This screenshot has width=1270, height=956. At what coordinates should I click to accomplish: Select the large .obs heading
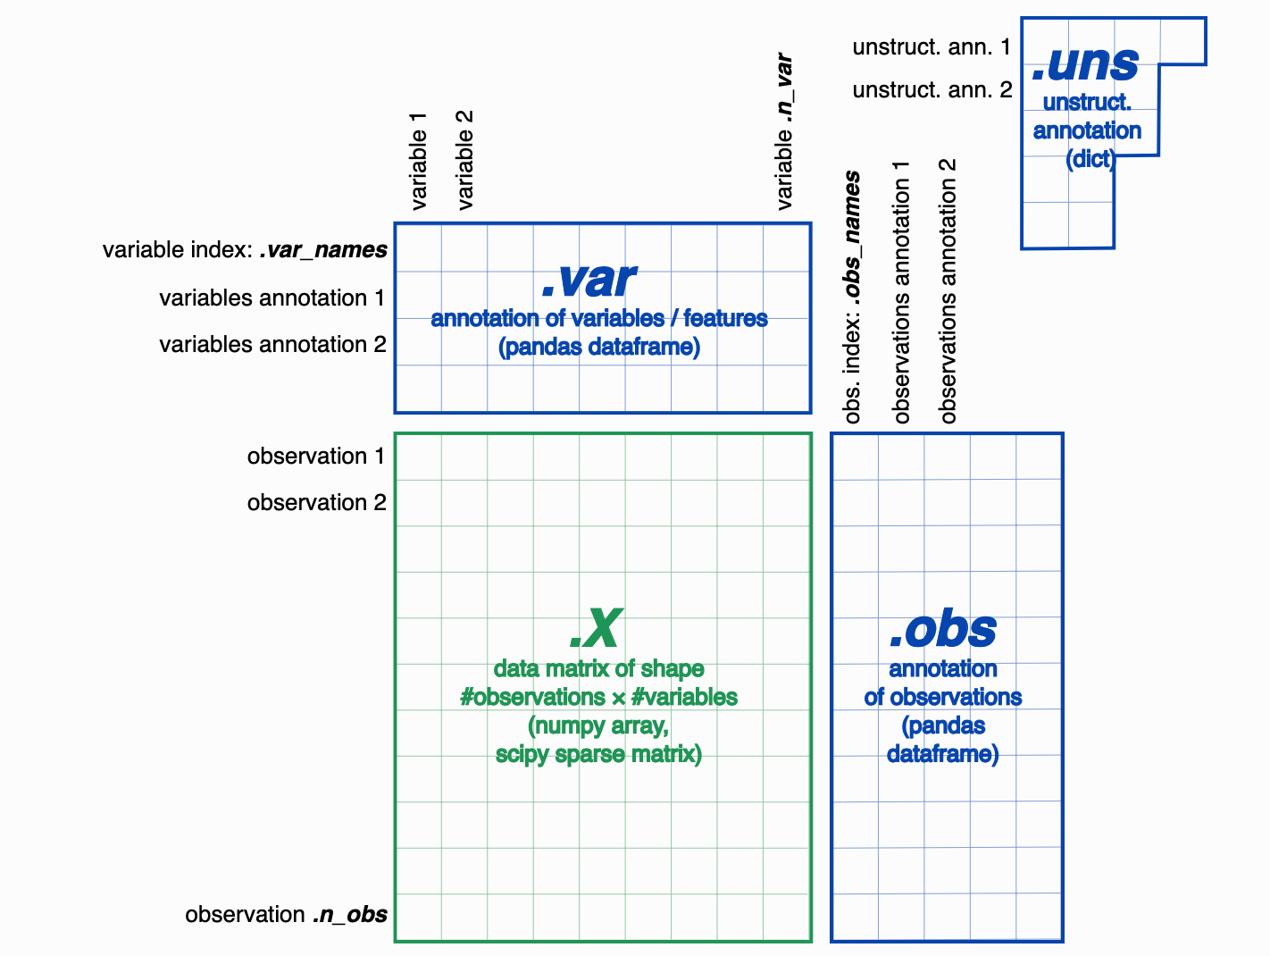pyautogui.click(x=943, y=629)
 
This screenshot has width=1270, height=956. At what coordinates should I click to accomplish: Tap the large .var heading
pyautogui.click(x=589, y=280)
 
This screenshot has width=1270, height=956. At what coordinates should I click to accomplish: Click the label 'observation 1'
pyautogui.click(x=316, y=457)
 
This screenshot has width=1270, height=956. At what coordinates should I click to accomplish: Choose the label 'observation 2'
pyautogui.click(x=316, y=503)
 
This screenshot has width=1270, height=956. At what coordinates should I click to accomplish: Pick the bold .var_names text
pyautogui.click(x=323, y=250)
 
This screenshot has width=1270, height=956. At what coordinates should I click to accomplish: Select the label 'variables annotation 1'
pyautogui.click(x=272, y=298)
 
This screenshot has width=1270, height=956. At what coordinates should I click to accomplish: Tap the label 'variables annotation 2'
pyautogui.click(x=272, y=345)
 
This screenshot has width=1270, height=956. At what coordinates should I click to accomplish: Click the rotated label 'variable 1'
pyautogui.click(x=418, y=161)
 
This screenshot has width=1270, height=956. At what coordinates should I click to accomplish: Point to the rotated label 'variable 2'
pyautogui.click(x=464, y=160)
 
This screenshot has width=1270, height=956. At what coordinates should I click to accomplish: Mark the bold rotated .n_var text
pyautogui.click(x=783, y=88)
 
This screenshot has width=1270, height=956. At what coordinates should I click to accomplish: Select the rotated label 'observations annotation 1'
pyautogui.click(x=901, y=292)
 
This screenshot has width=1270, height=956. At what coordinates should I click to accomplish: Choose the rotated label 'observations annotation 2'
pyautogui.click(x=948, y=290)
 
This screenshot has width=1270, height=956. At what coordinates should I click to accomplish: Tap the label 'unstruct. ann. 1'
pyautogui.click(x=932, y=46)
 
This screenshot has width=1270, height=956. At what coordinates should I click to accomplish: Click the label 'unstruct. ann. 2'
pyautogui.click(x=932, y=89)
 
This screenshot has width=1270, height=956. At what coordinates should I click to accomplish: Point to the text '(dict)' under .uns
pyautogui.click(x=1090, y=159)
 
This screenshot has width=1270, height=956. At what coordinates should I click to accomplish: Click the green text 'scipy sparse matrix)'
pyautogui.click(x=598, y=754)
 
